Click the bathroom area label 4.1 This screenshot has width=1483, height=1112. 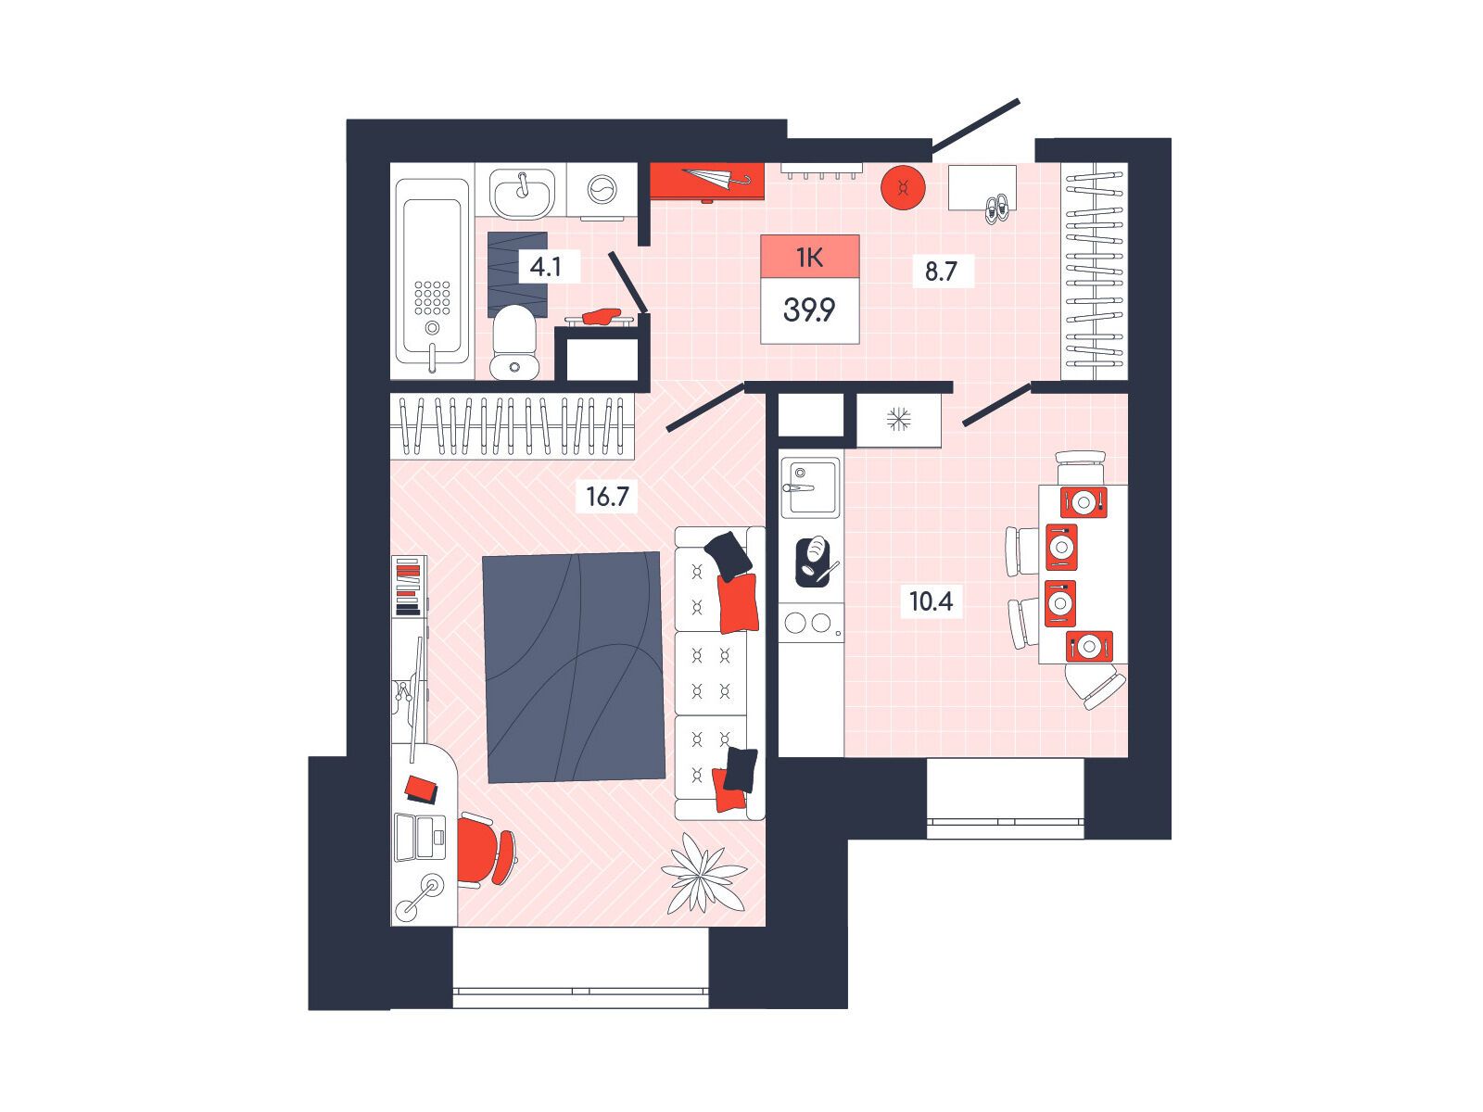click(545, 268)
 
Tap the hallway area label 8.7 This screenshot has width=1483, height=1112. click(941, 272)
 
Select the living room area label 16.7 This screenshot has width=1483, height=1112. click(607, 497)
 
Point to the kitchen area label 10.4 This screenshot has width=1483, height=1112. click(931, 600)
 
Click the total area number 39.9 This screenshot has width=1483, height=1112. click(809, 310)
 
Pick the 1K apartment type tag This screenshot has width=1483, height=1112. click(809, 258)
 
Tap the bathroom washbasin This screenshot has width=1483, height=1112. click(523, 192)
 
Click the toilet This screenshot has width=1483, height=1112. click(514, 343)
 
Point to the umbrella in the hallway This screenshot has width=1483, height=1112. click(716, 179)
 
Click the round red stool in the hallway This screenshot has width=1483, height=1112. click(904, 188)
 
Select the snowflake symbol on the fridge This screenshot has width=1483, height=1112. click(898, 419)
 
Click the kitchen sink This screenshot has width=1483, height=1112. click(809, 486)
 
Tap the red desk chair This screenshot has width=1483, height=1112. click(488, 850)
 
